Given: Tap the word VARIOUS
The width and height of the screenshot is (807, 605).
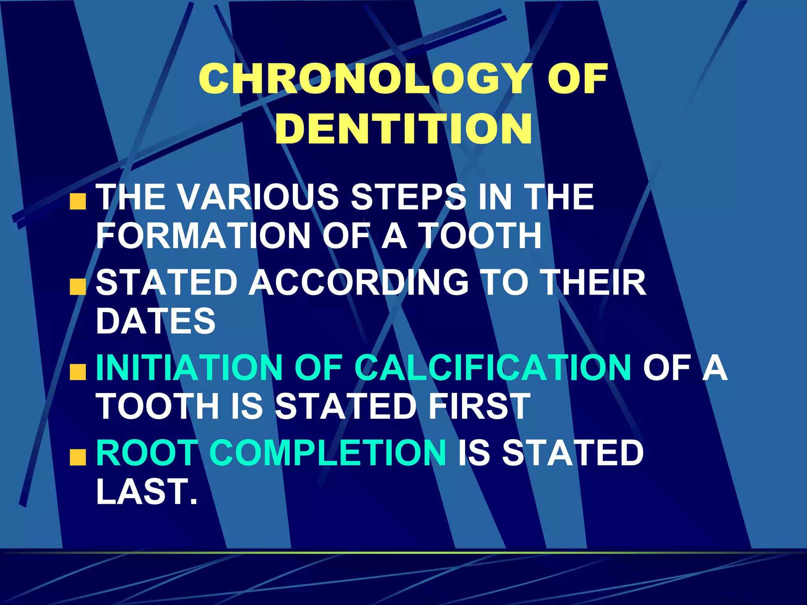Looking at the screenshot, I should (258, 197).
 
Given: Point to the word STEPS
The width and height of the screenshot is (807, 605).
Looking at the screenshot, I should (408, 197).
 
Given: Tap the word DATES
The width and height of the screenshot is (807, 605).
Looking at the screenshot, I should (156, 321).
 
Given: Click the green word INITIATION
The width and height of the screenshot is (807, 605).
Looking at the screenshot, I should (189, 367).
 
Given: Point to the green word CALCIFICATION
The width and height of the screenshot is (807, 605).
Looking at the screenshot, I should (493, 367).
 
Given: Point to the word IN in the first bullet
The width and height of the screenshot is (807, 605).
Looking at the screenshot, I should (495, 197).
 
